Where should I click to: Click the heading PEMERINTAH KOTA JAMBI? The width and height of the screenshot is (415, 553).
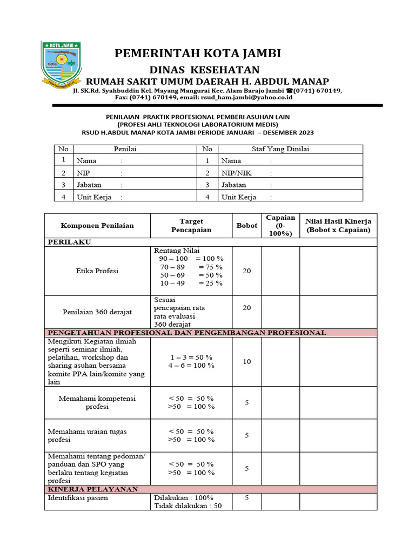pos(197,53)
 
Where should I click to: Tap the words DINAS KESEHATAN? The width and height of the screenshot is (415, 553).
pos(205,70)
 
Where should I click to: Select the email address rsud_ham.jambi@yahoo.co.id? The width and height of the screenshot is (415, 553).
pos(246,98)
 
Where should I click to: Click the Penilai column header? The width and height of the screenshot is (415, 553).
pos(125,149)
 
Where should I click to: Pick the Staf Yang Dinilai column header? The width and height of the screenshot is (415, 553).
pos(280,149)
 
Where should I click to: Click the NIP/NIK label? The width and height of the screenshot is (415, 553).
pos(237,173)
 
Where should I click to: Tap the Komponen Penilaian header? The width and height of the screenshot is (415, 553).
pos(97,225)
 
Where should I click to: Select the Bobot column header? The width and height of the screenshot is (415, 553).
pos(247,225)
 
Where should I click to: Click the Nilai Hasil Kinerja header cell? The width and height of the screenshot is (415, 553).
pos(338,225)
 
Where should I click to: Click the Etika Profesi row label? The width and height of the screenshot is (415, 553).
pos(97,271)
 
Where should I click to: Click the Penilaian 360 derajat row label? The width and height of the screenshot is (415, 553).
pos(97,312)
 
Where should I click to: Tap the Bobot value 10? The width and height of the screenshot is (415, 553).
pos(247,361)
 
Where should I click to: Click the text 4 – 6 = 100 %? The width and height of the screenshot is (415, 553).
pos(192,365)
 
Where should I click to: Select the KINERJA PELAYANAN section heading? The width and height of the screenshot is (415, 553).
pos(93,489)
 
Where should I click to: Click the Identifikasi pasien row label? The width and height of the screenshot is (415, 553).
pos(78,498)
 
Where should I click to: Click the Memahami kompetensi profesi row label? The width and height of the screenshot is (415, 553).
pos(97,402)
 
